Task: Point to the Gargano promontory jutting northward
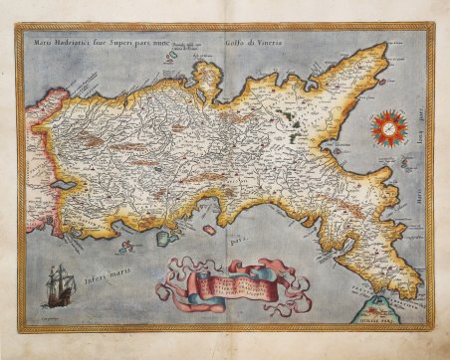point(209,80)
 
